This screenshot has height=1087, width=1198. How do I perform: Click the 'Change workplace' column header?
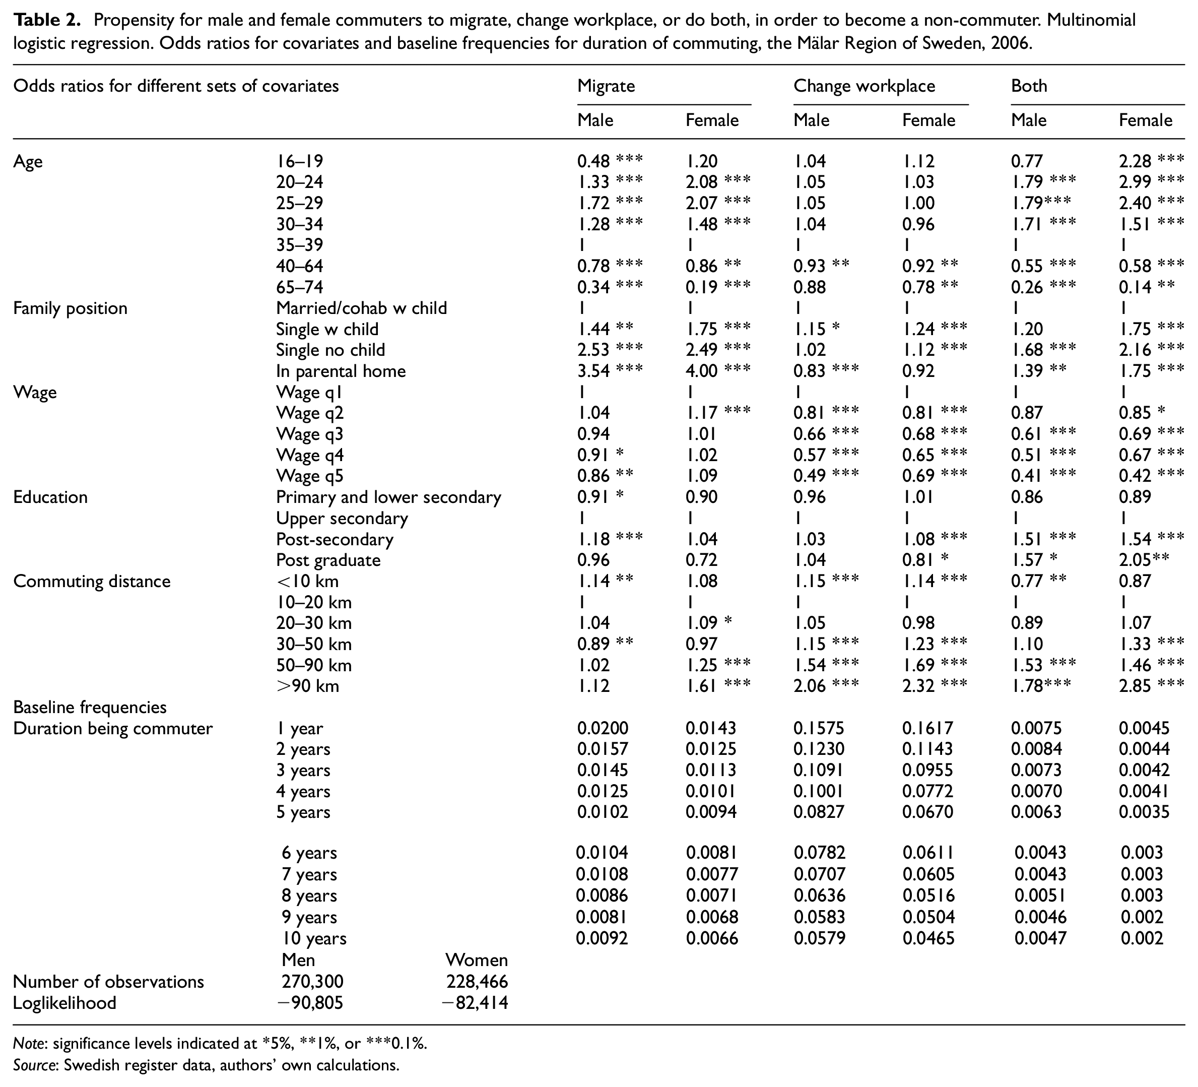point(864,86)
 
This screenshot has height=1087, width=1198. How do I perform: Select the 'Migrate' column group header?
point(606,86)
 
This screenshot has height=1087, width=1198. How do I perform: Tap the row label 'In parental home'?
point(341,371)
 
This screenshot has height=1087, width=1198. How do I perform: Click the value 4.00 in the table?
point(702,371)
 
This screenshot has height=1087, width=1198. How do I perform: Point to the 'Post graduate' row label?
point(328,560)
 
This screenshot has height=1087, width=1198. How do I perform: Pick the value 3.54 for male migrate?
point(593,371)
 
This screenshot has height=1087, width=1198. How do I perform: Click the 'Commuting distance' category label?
point(92,581)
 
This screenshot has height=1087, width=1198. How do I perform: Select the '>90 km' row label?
point(307,686)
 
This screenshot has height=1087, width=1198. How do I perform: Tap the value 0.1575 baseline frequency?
point(819,729)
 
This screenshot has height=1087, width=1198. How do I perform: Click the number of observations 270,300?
point(312,982)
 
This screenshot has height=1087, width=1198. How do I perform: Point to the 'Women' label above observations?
point(477,961)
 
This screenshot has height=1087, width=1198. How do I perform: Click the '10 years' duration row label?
point(314,939)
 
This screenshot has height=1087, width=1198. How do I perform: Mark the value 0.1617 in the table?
point(927,729)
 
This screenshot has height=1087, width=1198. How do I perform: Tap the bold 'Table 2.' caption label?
point(47,21)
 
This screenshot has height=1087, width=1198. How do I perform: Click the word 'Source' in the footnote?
point(33,1065)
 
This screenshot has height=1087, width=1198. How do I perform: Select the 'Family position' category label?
point(70,308)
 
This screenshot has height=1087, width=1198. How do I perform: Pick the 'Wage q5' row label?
point(310,477)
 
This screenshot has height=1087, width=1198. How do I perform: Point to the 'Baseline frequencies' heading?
point(90,707)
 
